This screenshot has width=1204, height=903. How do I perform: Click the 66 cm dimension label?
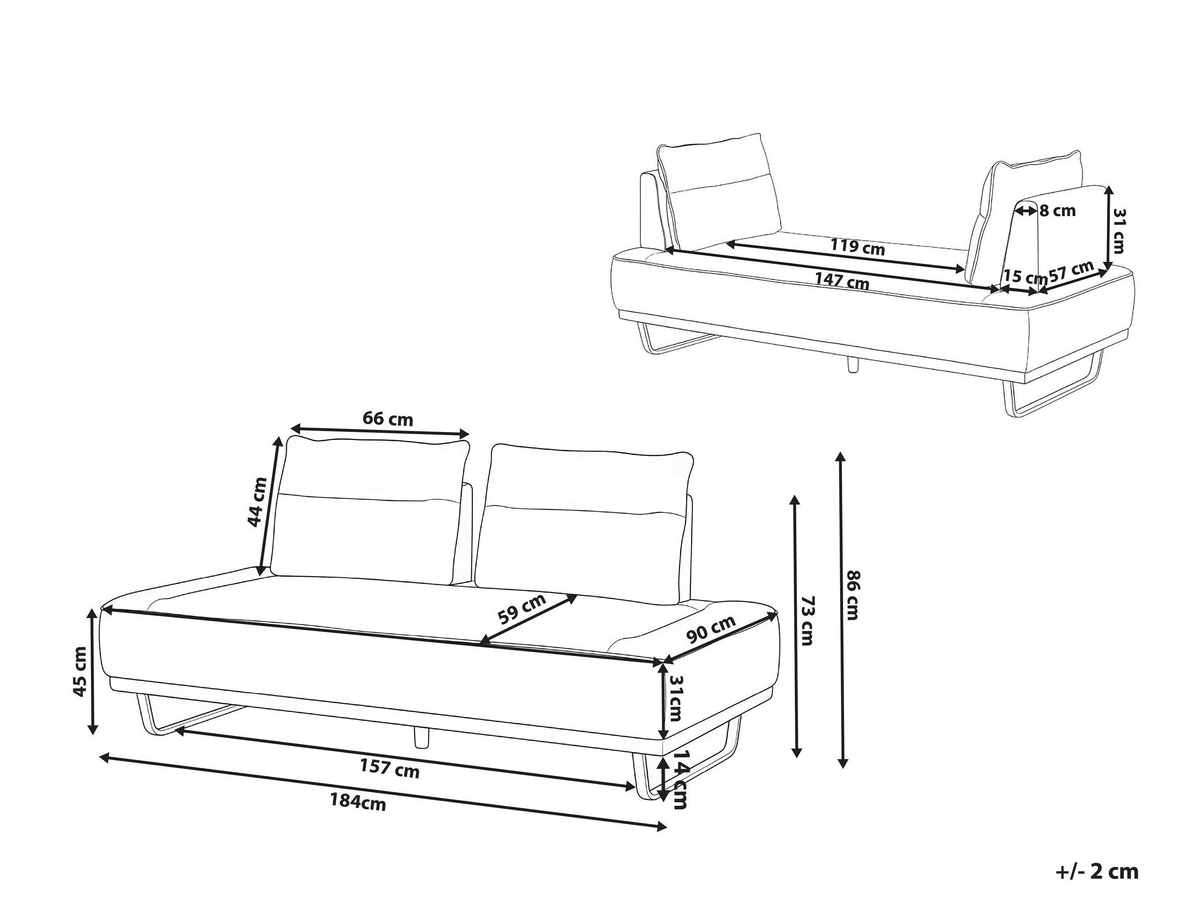[x=387, y=419]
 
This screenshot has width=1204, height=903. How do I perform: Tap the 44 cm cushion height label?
[x=257, y=502]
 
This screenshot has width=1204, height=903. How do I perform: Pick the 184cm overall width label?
[x=358, y=802]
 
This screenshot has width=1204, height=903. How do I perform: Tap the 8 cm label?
[x=1057, y=211]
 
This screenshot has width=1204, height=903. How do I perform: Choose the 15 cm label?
[x=1025, y=277]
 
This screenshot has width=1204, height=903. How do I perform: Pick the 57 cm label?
[x=1071, y=270]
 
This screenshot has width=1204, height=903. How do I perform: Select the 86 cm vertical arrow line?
[x=842, y=609]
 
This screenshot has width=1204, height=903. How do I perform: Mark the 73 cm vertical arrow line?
[x=796, y=626]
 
